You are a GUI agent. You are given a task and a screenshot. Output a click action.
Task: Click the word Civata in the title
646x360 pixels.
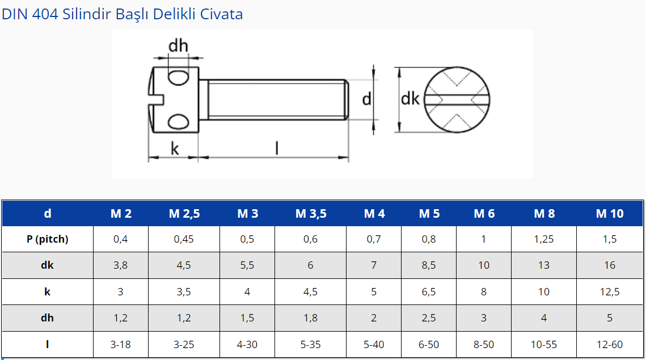coord(221,14)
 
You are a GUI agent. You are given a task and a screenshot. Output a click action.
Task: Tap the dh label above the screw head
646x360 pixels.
coord(179,45)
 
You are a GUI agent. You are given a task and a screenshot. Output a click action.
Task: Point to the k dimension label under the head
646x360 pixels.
coord(175,149)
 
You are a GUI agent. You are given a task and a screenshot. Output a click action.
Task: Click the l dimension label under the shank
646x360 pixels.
coord(277,148)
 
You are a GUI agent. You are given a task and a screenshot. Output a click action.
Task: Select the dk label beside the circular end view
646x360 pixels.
coord(410,99)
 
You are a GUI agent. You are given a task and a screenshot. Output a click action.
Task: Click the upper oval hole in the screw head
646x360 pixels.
coord(179,78)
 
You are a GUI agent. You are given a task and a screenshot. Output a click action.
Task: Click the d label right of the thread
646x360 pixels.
coord(366,99)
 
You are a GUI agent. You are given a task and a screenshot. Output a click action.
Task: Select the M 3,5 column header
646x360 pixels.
coord(311,213)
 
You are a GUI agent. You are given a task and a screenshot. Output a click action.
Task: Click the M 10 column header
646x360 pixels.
coord(610,213)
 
